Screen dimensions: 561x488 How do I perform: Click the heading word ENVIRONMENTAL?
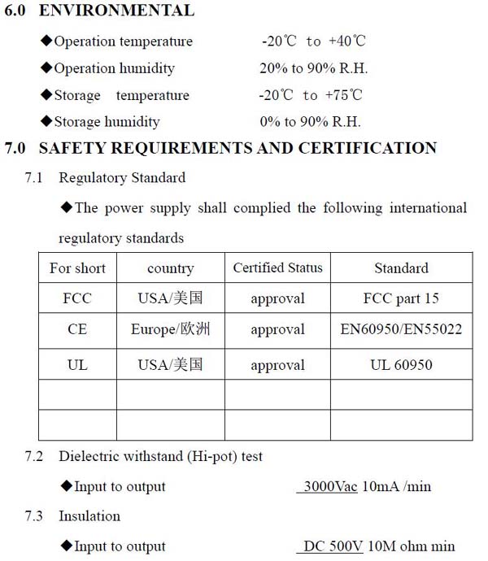coord(116,11)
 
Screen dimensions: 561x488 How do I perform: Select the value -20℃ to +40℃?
coord(312,41)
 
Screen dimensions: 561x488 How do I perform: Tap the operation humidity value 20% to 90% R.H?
coord(310,68)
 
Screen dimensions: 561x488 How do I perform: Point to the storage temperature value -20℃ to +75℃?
coord(311,95)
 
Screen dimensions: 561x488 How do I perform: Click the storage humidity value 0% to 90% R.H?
coord(310,122)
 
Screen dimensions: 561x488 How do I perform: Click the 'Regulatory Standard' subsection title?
coord(122,177)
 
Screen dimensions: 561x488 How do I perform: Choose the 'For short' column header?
coord(77,268)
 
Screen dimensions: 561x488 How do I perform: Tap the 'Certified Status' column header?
coord(277,267)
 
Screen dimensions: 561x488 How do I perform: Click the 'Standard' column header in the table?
coord(401,268)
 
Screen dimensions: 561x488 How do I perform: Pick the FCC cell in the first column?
coord(77,298)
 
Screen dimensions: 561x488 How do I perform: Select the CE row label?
coord(77,330)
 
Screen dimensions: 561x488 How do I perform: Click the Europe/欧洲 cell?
coord(170,330)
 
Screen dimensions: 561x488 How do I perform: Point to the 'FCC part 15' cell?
coord(401,298)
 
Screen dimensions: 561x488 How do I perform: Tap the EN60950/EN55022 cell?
coord(401,330)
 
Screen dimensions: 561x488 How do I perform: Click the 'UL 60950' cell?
coord(401,365)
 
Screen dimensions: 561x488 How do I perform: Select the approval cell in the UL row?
coord(277,365)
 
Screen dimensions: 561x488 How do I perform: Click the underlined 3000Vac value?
coord(329,487)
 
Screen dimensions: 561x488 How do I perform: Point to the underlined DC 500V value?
coord(333,546)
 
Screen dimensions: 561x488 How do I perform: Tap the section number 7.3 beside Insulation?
coord(35,516)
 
